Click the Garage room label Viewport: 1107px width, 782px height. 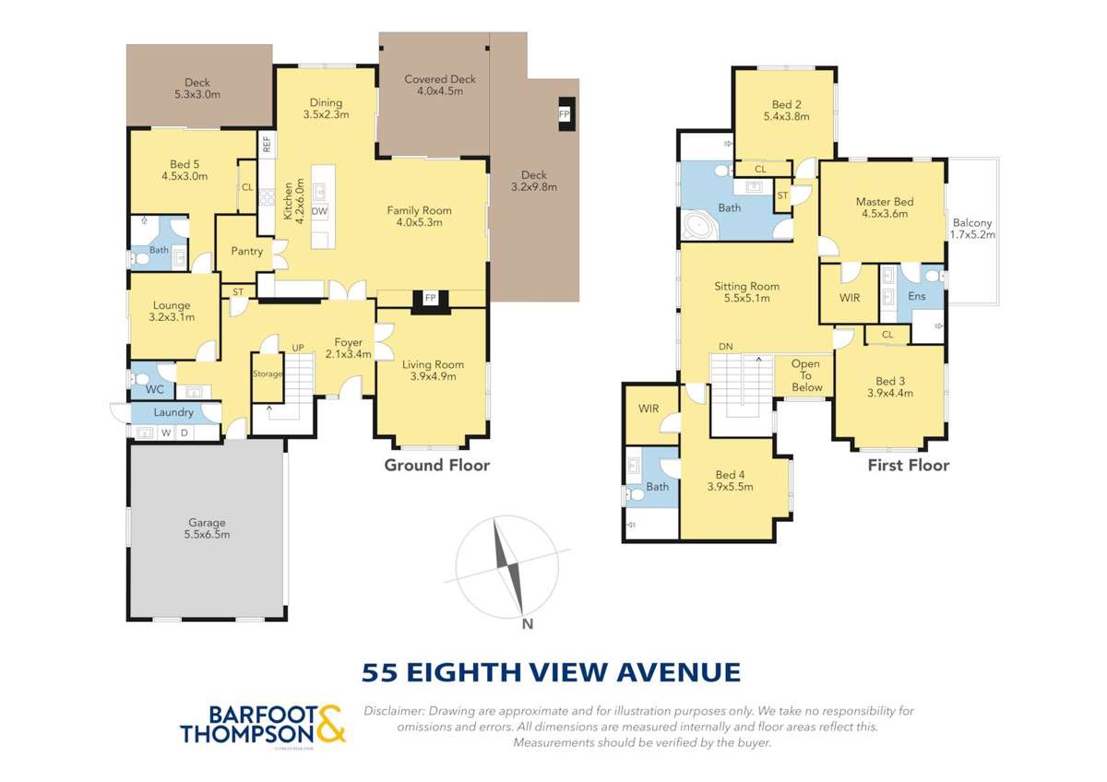(207, 523)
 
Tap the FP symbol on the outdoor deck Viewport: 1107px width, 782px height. (565, 113)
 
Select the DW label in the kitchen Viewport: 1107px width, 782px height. (319, 211)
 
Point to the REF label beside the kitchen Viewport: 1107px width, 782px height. (267, 144)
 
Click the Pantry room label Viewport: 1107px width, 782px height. (246, 251)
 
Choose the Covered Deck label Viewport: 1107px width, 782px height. (440, 79)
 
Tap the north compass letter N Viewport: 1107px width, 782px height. (528, 624)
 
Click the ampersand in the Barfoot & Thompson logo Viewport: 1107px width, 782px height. (331, 724)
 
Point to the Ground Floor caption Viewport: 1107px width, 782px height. (436, 466)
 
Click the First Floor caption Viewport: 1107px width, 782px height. (908, 466)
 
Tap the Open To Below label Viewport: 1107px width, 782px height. (806, 375)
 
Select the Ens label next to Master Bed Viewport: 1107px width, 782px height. (916, 296)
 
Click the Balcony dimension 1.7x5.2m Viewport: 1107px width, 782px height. (972, 235)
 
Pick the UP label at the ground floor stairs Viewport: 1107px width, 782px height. (298, 348)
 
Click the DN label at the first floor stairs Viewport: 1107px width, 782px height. (726, 346)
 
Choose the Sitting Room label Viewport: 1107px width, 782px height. (746, 286)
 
